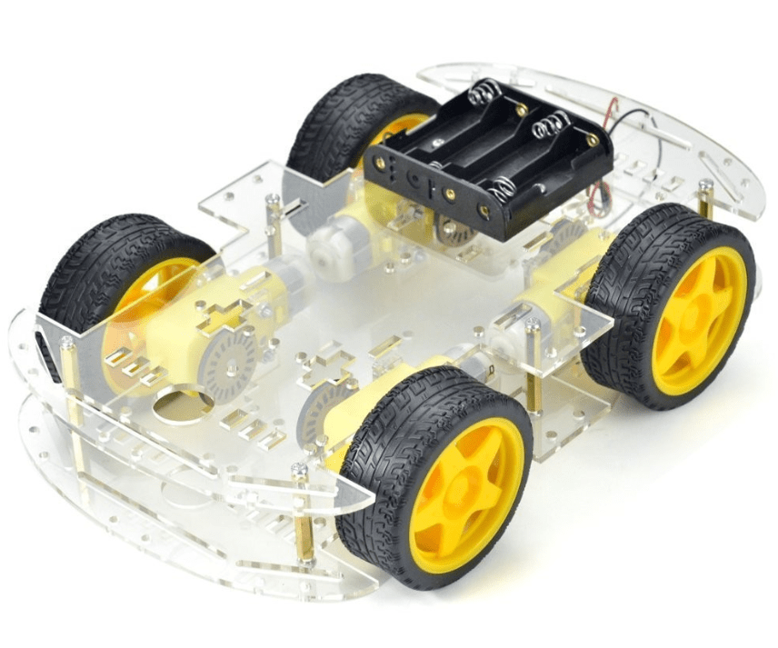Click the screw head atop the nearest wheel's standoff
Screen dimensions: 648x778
tap(299, 470)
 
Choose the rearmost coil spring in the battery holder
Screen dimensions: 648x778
tap(486, 92)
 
